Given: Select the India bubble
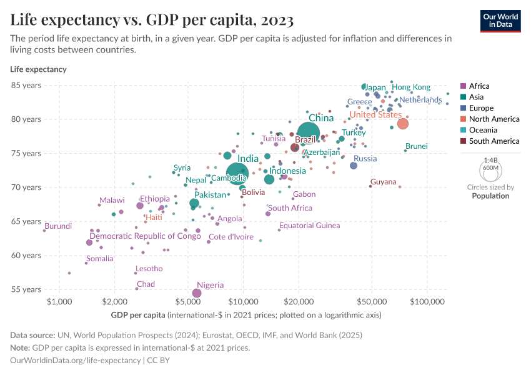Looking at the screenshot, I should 237,173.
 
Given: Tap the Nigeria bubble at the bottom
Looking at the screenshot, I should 197,293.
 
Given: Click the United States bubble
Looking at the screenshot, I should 403,124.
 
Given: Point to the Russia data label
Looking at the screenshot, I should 365,159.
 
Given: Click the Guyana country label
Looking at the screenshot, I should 383,182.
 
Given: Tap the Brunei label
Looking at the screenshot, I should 416,146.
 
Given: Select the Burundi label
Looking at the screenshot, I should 57,226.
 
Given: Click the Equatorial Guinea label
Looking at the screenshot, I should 309,226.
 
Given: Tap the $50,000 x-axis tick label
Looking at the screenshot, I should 372,302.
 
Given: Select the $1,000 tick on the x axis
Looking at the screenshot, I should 60,302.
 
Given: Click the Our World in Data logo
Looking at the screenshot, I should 500,20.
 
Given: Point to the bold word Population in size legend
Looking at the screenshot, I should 490,196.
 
